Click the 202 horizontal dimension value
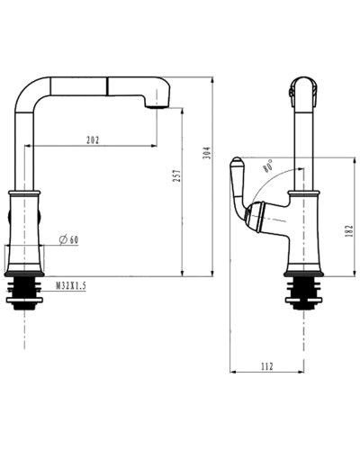click(93, 139)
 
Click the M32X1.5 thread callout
click(71, 285)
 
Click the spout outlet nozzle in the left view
click(159, 103)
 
